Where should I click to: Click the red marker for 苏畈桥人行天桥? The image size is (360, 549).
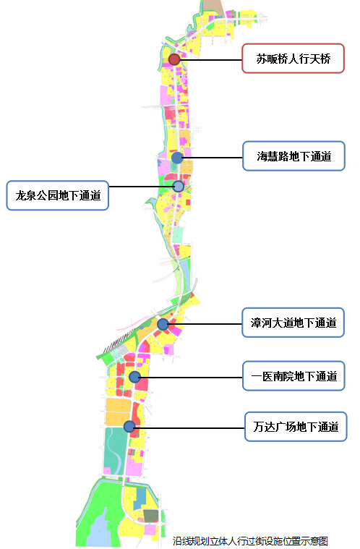(174, 59)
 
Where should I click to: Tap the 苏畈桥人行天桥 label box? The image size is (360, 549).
(293, 59)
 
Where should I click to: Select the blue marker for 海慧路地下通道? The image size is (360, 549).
(177, 158)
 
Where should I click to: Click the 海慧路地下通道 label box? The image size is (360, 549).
(294, 156)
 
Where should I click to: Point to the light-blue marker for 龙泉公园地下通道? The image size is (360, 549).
(179, 187)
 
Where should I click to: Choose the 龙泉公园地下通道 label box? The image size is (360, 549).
(58, 195)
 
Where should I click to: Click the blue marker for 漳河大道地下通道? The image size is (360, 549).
(163, 324)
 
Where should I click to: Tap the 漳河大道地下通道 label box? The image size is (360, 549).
(293, 323)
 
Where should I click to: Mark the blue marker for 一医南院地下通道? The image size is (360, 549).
(134, 377)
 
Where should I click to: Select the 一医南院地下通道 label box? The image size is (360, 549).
(294, 376)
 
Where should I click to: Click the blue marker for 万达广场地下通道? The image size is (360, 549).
(129, 427)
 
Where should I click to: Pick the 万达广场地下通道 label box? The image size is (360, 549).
(296, 427)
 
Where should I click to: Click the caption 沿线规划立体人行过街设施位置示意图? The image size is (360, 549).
(250, 541)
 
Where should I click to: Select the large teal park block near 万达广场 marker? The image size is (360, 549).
(115, 451)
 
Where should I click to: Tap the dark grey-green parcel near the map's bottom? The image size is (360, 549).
(151, 516)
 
